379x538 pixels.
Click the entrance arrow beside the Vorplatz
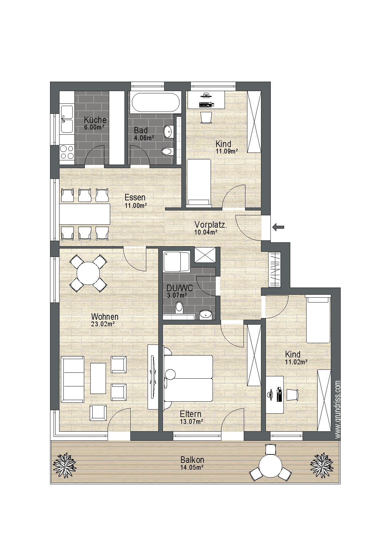pos(279,227)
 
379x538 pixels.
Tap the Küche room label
pos(95,120)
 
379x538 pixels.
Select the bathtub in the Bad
pos(156,102)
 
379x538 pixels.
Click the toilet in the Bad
pos(167,151)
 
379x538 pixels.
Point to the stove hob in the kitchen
pos(67,153)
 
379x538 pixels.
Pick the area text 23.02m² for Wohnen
pos(103,324)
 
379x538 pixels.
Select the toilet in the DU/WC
pos(179,308)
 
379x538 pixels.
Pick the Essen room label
pos(135,197)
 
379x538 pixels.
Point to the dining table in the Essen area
pos(85,214)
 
